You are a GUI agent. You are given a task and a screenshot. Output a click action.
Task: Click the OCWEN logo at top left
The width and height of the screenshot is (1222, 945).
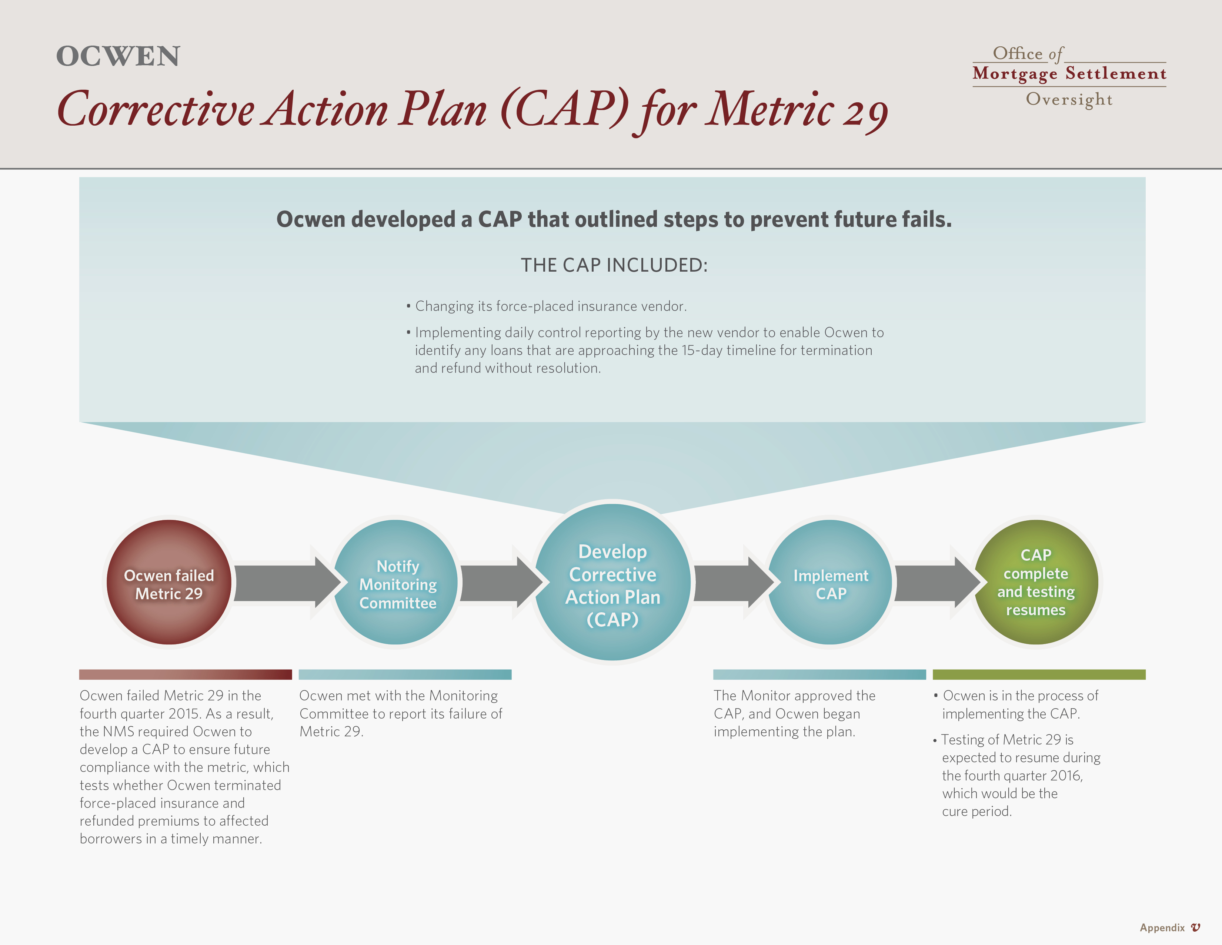point(118,57)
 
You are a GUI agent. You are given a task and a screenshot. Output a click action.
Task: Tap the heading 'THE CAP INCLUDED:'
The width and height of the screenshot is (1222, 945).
point(614,265)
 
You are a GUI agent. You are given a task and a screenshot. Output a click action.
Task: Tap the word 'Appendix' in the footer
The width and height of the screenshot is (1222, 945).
point(1162,928)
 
